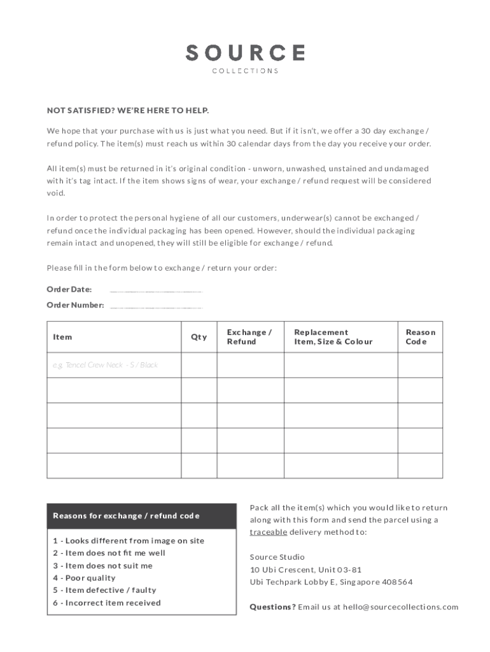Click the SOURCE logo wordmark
point(245,52)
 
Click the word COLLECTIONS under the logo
point(245,71)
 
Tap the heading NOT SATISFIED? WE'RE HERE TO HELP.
point(128,111)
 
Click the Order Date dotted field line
point(156,290)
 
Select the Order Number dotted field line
point(156,306)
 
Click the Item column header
point(62,337)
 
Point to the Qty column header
point(199,337)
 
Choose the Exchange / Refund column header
point(249,337)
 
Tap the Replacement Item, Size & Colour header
point(333,337)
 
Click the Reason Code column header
point(420,337)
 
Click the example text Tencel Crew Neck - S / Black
point(105,365)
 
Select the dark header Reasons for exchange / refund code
point(126,516)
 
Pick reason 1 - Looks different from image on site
point(129,541)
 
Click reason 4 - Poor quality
point(84,578)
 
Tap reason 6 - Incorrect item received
point(107,603)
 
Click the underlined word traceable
point(268,532)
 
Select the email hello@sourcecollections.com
point(400,607)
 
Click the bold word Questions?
point(272,607)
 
